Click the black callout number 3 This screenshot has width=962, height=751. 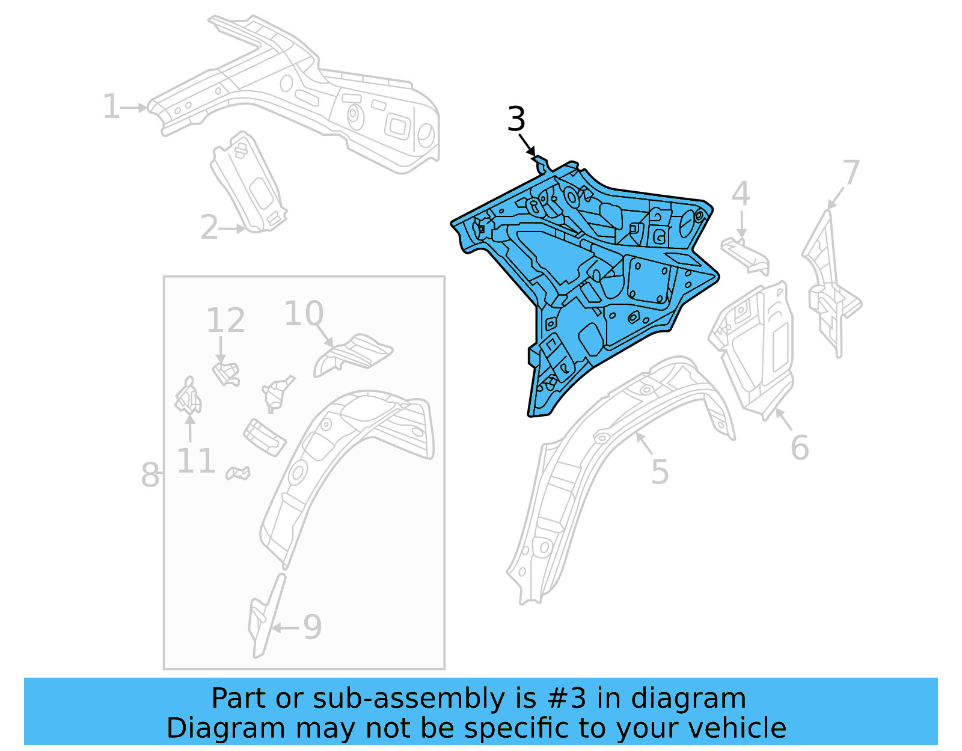(x=516, y=119)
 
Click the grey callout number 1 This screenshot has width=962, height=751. (x=111, y=107)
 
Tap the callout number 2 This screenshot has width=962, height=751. (x=209, y=228)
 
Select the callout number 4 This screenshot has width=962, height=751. (x=741, y=194)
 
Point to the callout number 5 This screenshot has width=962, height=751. (x=660, y=472)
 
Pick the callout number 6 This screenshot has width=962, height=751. (x=799, y=448)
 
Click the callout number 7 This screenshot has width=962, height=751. (x=851, y=173)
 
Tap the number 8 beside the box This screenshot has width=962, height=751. (x=150, y=475)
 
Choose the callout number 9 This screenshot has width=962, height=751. (x=312, y=627)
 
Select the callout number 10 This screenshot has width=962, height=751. (x=304, y=314)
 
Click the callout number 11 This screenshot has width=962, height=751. (x=196, y=462)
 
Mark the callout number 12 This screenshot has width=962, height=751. (x=225, y=320)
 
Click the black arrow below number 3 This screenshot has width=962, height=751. (x=527, y=146)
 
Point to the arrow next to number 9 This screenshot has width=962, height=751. (x=285, y=628)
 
